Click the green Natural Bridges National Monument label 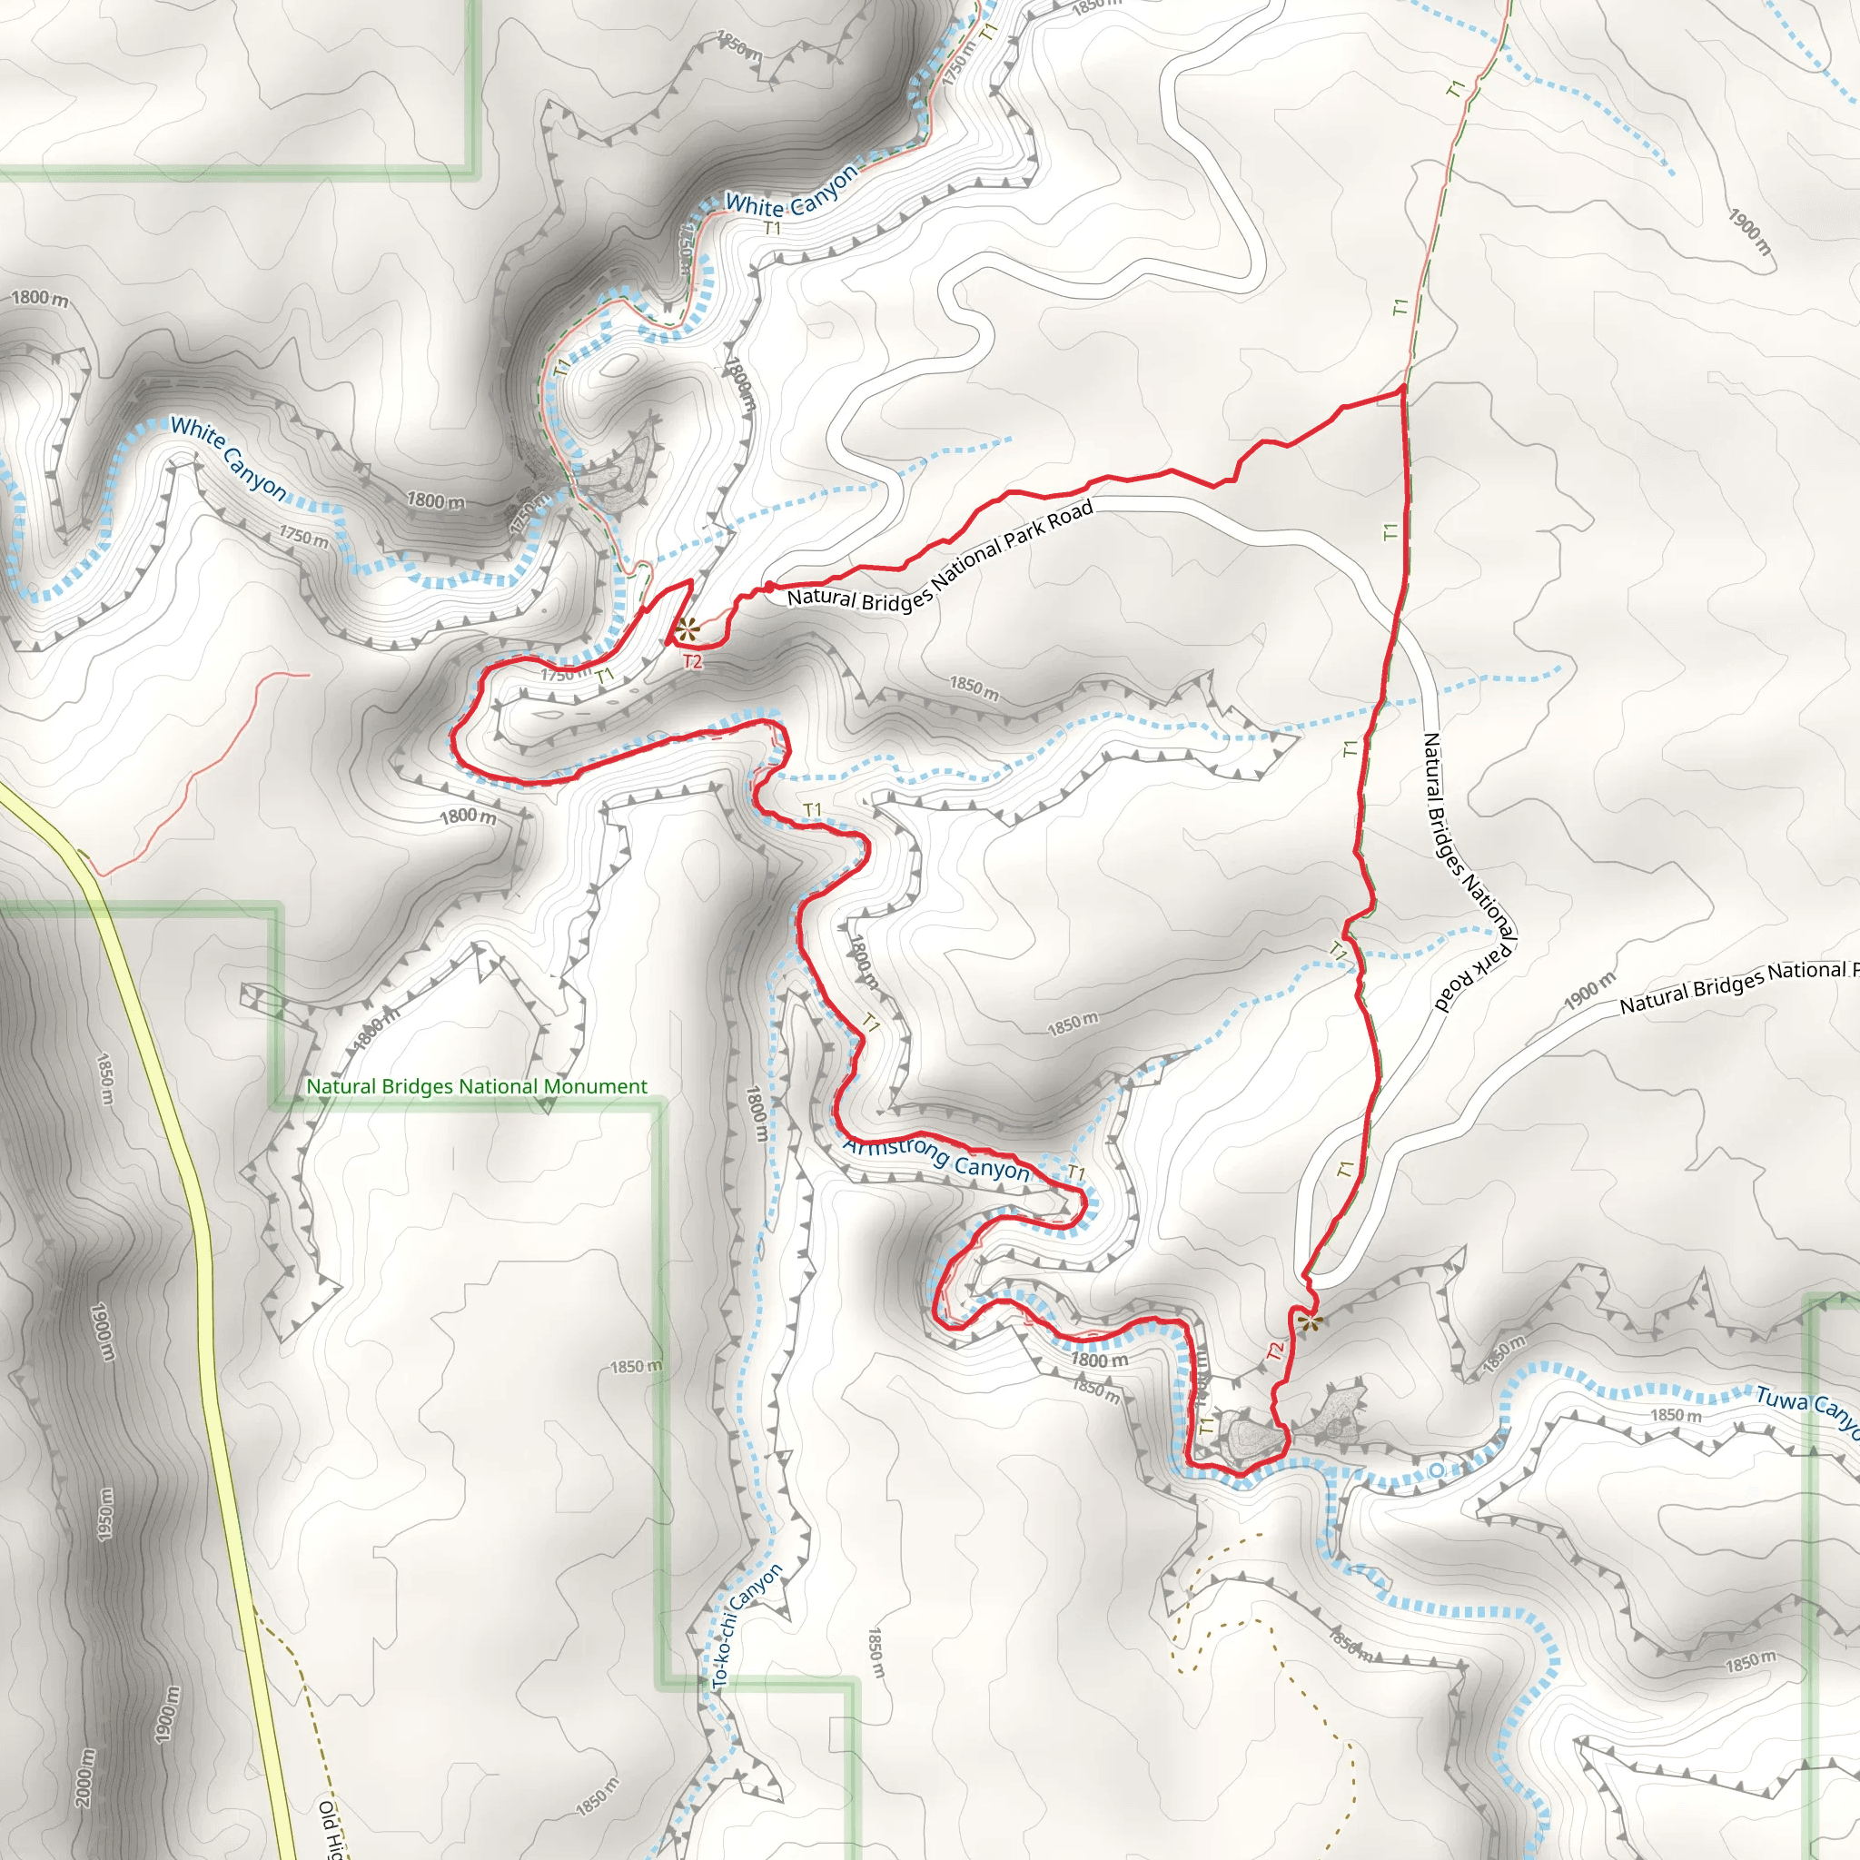pyautogui.click(x=477, y=1086)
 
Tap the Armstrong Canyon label pyautogui.click(x=935, y=1158)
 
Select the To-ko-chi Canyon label pyautogui.click(x=747, y=1626)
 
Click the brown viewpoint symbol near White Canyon pyautogui.click(x=686, y=631)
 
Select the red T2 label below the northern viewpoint pyautogui.click(x=692, y=661)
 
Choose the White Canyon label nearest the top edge pyautogui.click(x=790, y=193)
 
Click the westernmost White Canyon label pyautogui.click(x=229, y=459)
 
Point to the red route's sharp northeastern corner pyautogui.click(x=1402, y=388)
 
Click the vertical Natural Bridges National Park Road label pyautogui.click(x=1469, y=871)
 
